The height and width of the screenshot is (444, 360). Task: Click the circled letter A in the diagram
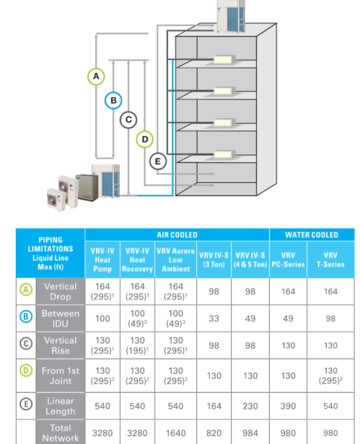(x=95, y=76)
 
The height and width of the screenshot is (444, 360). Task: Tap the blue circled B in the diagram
(x=113, y=100)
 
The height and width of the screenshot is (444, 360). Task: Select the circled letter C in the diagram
(x=128, y=120)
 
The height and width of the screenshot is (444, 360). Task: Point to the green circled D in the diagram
(x=144, y=139)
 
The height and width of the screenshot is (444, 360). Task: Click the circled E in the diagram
(x=158, y=161)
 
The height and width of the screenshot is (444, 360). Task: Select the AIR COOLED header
(x=177, y=235)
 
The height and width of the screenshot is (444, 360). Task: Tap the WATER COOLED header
(x=311, y=235)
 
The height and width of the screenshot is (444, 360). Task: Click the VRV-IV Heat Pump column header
(x=102, y=259)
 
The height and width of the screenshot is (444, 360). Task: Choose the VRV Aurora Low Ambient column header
(x=175, y=259)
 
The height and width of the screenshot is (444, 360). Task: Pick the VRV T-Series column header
(x=330, y=259)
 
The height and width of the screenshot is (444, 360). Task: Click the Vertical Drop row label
(x=60, y=291)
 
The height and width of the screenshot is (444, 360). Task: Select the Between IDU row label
(x=60, y=319)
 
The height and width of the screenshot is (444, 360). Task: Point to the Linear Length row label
(x=60, y=406)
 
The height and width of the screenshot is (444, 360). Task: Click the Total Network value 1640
(x=175, y=433)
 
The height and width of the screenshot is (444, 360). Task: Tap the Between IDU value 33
(x=214, y=319)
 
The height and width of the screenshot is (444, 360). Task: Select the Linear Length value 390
(x=288, y=406)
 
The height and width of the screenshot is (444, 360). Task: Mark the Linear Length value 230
(x=250, y=406)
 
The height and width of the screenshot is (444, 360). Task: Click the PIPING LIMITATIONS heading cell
(x=50, y=253)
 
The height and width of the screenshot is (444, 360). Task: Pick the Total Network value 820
(x=214, y=433)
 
